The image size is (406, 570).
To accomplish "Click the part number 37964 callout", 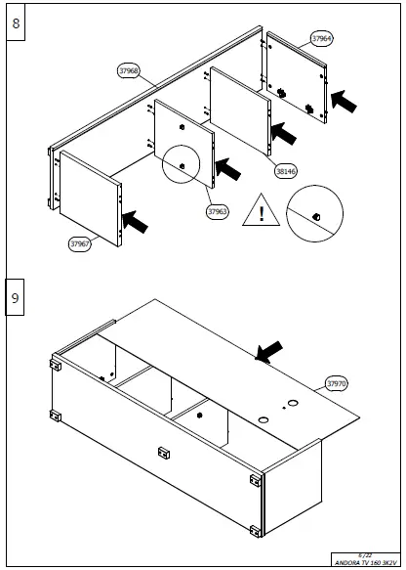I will (321, 39).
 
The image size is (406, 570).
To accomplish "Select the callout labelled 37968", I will (128, 70).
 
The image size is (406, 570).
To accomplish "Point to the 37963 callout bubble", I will (217, 210).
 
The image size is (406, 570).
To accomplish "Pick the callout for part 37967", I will (80, 244).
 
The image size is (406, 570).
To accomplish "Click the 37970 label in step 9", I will (337, 384).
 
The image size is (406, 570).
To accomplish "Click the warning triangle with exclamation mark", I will (261, 212).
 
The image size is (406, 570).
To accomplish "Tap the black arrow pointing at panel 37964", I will (345, 100).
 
